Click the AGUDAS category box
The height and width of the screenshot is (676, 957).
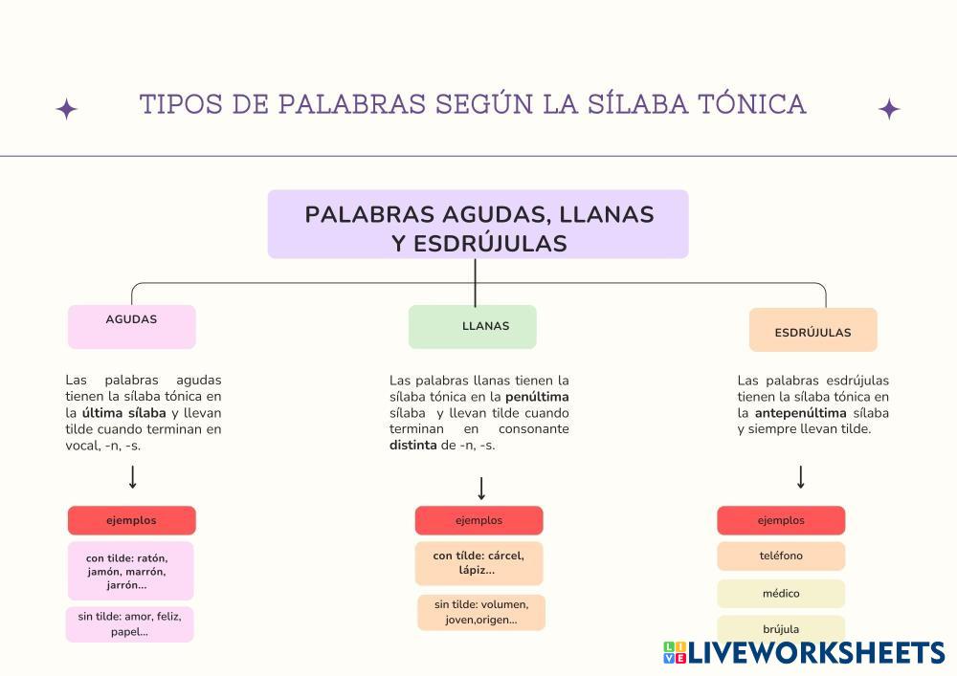point(131,326)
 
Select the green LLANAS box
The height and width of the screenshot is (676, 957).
point(472,326)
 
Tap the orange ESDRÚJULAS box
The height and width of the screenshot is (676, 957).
point(812,330)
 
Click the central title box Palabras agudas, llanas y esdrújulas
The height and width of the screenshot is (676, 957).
point(478,224)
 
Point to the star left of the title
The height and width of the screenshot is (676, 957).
point(66,109)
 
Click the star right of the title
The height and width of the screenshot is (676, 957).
point(889,109)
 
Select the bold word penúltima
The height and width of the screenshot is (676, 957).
point(537,396)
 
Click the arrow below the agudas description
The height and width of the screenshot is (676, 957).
point(133,477)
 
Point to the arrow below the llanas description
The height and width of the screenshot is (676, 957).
point(481,488)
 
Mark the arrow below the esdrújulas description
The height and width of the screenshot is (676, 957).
point(801,477)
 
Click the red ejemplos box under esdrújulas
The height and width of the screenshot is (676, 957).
point(781,520)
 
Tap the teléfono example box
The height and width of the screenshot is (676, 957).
point(781,556)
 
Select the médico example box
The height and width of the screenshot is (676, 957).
point(781,594)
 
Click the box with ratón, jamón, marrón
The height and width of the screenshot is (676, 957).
point(130,571)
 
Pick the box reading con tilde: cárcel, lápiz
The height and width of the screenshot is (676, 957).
point(478,563)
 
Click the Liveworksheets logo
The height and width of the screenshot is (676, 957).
point(804,653)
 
